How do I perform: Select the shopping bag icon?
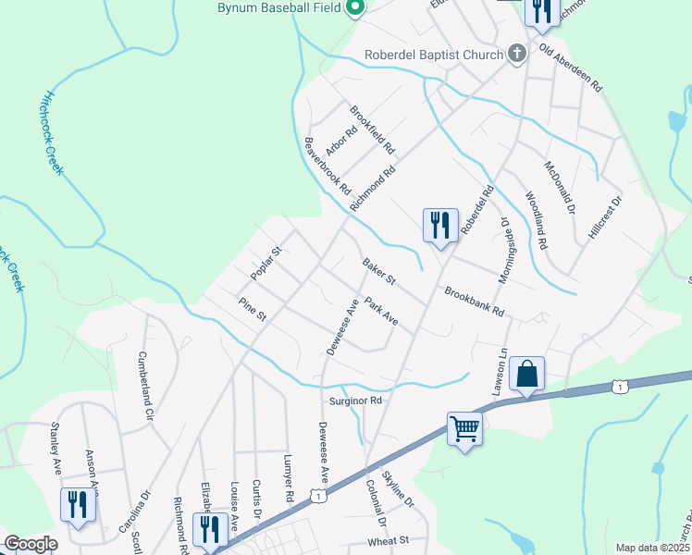click(526, 374)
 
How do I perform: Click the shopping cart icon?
click(465, 427)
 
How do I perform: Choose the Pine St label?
click(252, 310)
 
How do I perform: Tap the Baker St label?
click(378, 272)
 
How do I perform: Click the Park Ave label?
click(381, 312)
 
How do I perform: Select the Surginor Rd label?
click(356, 401)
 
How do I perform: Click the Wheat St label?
click(388, 540)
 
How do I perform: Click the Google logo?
click(31, 544)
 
